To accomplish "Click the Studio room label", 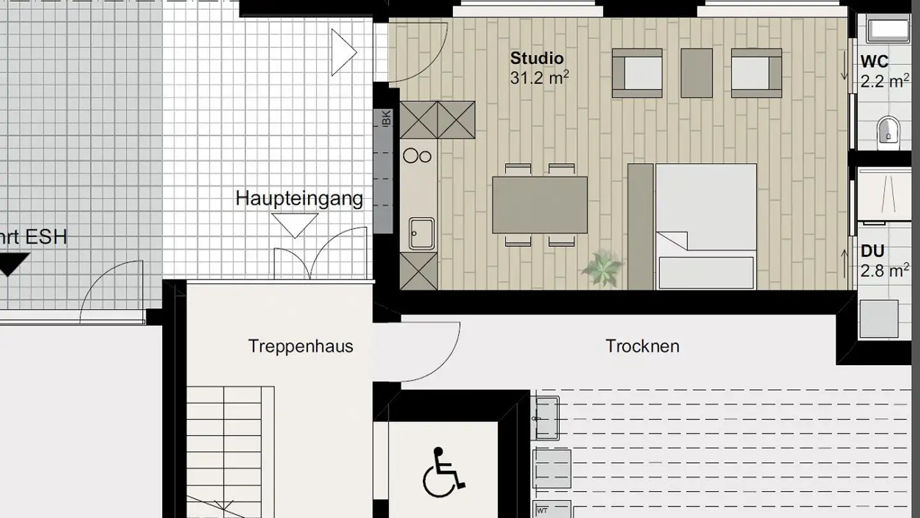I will point(537,58).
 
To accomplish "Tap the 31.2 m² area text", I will point(539,78).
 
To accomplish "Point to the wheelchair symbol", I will point(443,473).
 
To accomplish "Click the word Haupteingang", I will point(299,198).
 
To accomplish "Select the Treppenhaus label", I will point(300,347).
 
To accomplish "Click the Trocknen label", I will point(642,347).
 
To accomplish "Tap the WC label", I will point(875,62).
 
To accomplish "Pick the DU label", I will point(872,251).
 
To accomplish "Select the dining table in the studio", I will point(540,205).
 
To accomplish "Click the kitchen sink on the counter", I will point(422,233).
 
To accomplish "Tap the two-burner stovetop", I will point(418,155).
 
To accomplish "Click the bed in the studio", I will point(706,226).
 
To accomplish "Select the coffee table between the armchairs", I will point(696,73).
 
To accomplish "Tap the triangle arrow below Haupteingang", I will point(295,224).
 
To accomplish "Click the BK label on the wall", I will point(385,118).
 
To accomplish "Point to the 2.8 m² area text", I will point(885,271).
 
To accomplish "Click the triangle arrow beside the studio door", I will point(343,52).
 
